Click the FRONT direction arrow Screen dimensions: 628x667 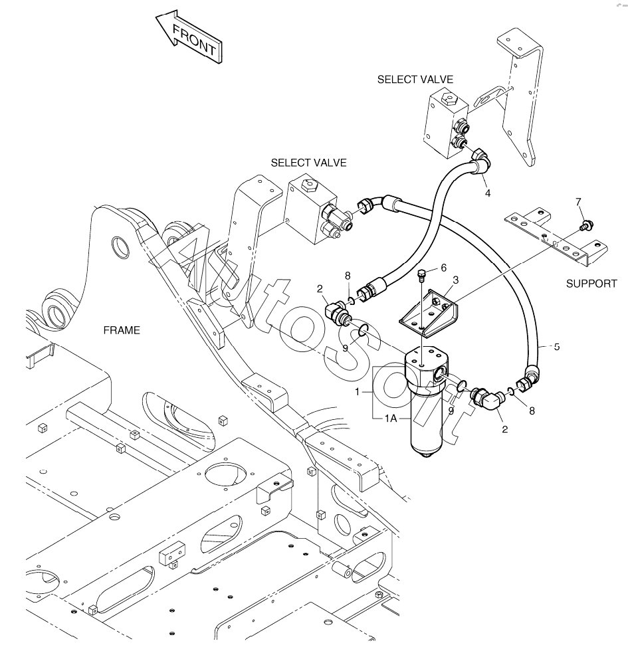[189, 38]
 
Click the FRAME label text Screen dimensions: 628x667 [122, 330]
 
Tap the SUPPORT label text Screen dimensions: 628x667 [591, 284]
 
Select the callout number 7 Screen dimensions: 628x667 [578, 202]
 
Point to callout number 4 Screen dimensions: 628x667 [488, 193]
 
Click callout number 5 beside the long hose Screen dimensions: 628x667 [556, 347]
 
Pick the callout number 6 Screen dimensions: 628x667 [444, 268]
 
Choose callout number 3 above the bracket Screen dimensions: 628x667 [456, 280]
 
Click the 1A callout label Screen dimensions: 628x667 [391, 419]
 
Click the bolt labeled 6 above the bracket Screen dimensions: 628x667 [422, 275]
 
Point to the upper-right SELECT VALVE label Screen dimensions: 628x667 [415, 80]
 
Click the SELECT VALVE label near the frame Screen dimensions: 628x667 [308, 163]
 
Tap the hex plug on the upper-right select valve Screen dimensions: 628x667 [449, 98]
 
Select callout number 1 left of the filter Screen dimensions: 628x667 [358, 391]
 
